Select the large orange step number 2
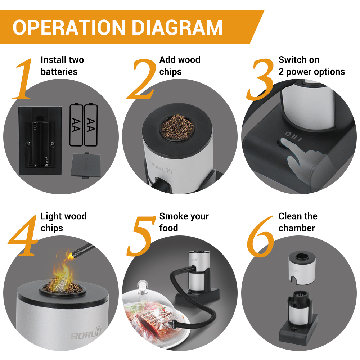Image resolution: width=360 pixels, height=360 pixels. tap(141, 79)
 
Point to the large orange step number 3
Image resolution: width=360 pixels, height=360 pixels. tap(260, 79)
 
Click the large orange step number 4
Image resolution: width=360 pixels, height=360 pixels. tap(23, 235)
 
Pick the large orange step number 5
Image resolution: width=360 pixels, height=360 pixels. tap(141, 236)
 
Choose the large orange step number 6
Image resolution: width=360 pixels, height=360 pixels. tap(261, 236)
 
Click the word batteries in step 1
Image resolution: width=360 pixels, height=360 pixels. tap(59, 71)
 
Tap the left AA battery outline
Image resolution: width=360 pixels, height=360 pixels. tap(76, 125)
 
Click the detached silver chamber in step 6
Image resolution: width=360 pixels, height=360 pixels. tap(302, 267)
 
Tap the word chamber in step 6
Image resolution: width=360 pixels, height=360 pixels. tap(296, 228)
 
